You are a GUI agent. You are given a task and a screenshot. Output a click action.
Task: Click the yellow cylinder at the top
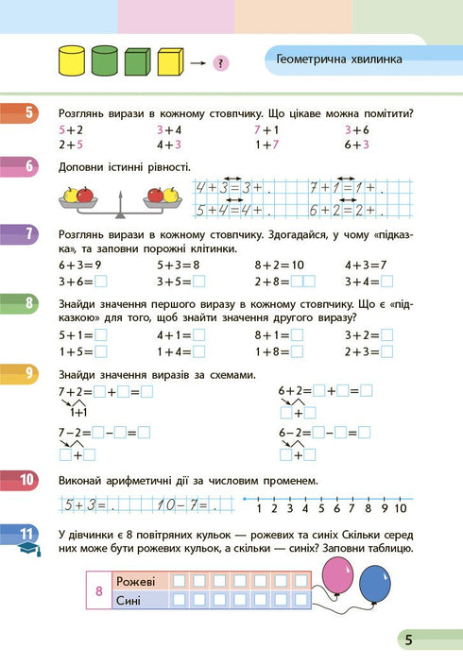click(x=72, y=62)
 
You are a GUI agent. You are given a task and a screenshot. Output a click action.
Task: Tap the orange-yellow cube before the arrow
click(x=170, y=62)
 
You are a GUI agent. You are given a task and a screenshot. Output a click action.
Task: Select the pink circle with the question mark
click(x=219, y=64)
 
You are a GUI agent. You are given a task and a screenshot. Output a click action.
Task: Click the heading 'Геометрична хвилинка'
click(x=339, y=60)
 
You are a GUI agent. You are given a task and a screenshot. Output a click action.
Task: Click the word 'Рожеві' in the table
click(x=133, y=581)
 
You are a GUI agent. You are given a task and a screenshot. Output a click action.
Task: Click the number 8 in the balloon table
click(x=99, y=590)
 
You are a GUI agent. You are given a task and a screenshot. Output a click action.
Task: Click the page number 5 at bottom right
click(x=408, y=640)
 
